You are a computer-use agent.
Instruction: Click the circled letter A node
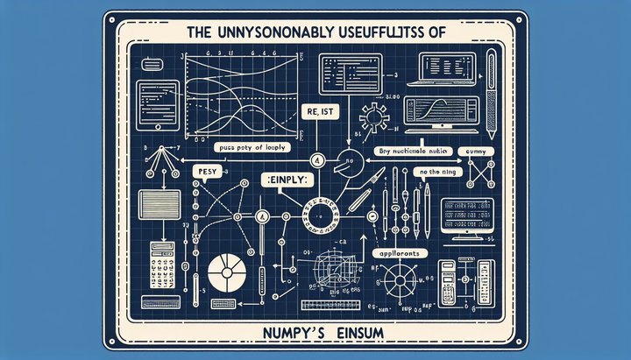tap(318, 159)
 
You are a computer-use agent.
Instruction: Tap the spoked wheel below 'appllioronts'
tap(403, 286)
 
